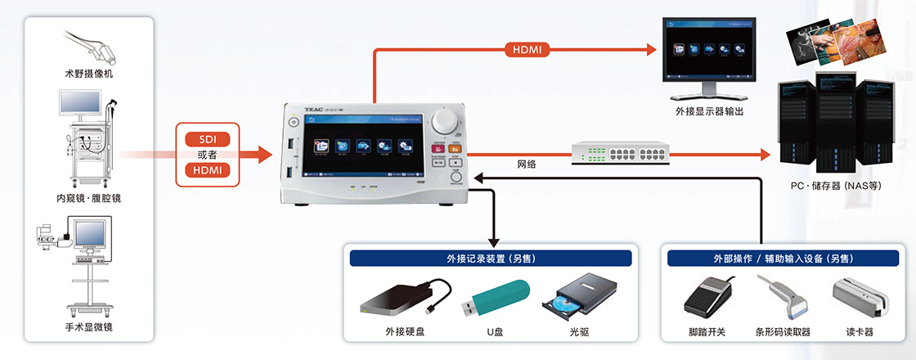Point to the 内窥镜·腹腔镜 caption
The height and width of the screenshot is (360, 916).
pos(89,199)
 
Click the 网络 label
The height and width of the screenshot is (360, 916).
pos(528,164)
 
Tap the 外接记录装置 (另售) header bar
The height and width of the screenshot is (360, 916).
pos(491,259)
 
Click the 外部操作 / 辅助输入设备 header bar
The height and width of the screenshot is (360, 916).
pos(772,259)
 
